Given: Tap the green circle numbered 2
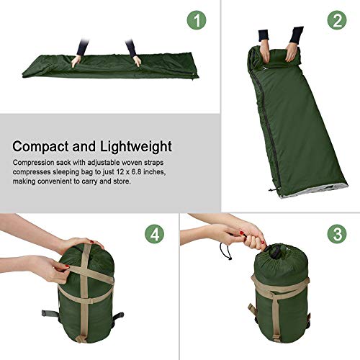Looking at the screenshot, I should [x=336, y=21].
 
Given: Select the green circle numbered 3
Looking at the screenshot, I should [x=336, y=235].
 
